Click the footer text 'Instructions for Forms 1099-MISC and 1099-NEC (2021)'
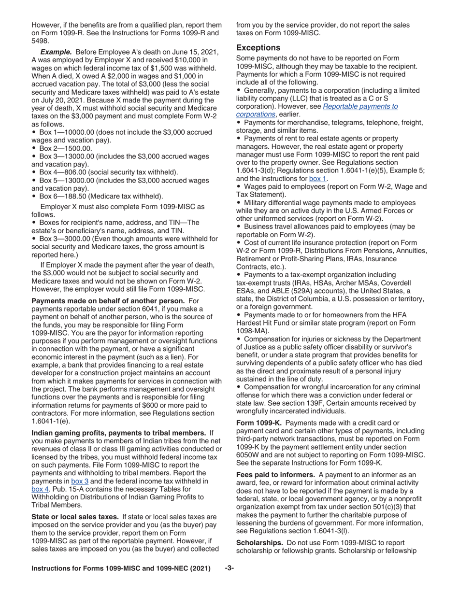coord(121,568)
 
